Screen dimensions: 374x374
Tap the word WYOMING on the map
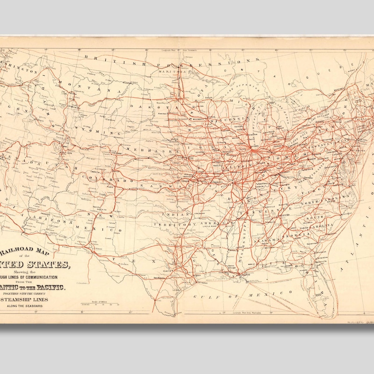(100, 130)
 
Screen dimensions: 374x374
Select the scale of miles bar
(100, 304)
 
